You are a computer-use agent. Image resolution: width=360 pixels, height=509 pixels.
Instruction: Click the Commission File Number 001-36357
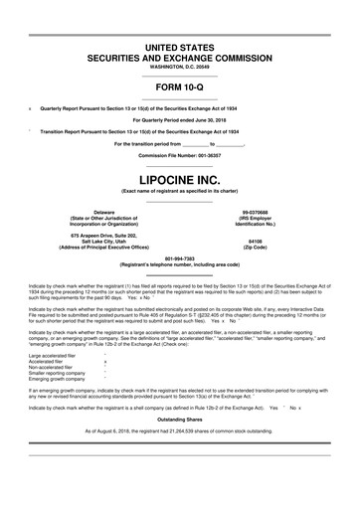click(179, 157)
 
